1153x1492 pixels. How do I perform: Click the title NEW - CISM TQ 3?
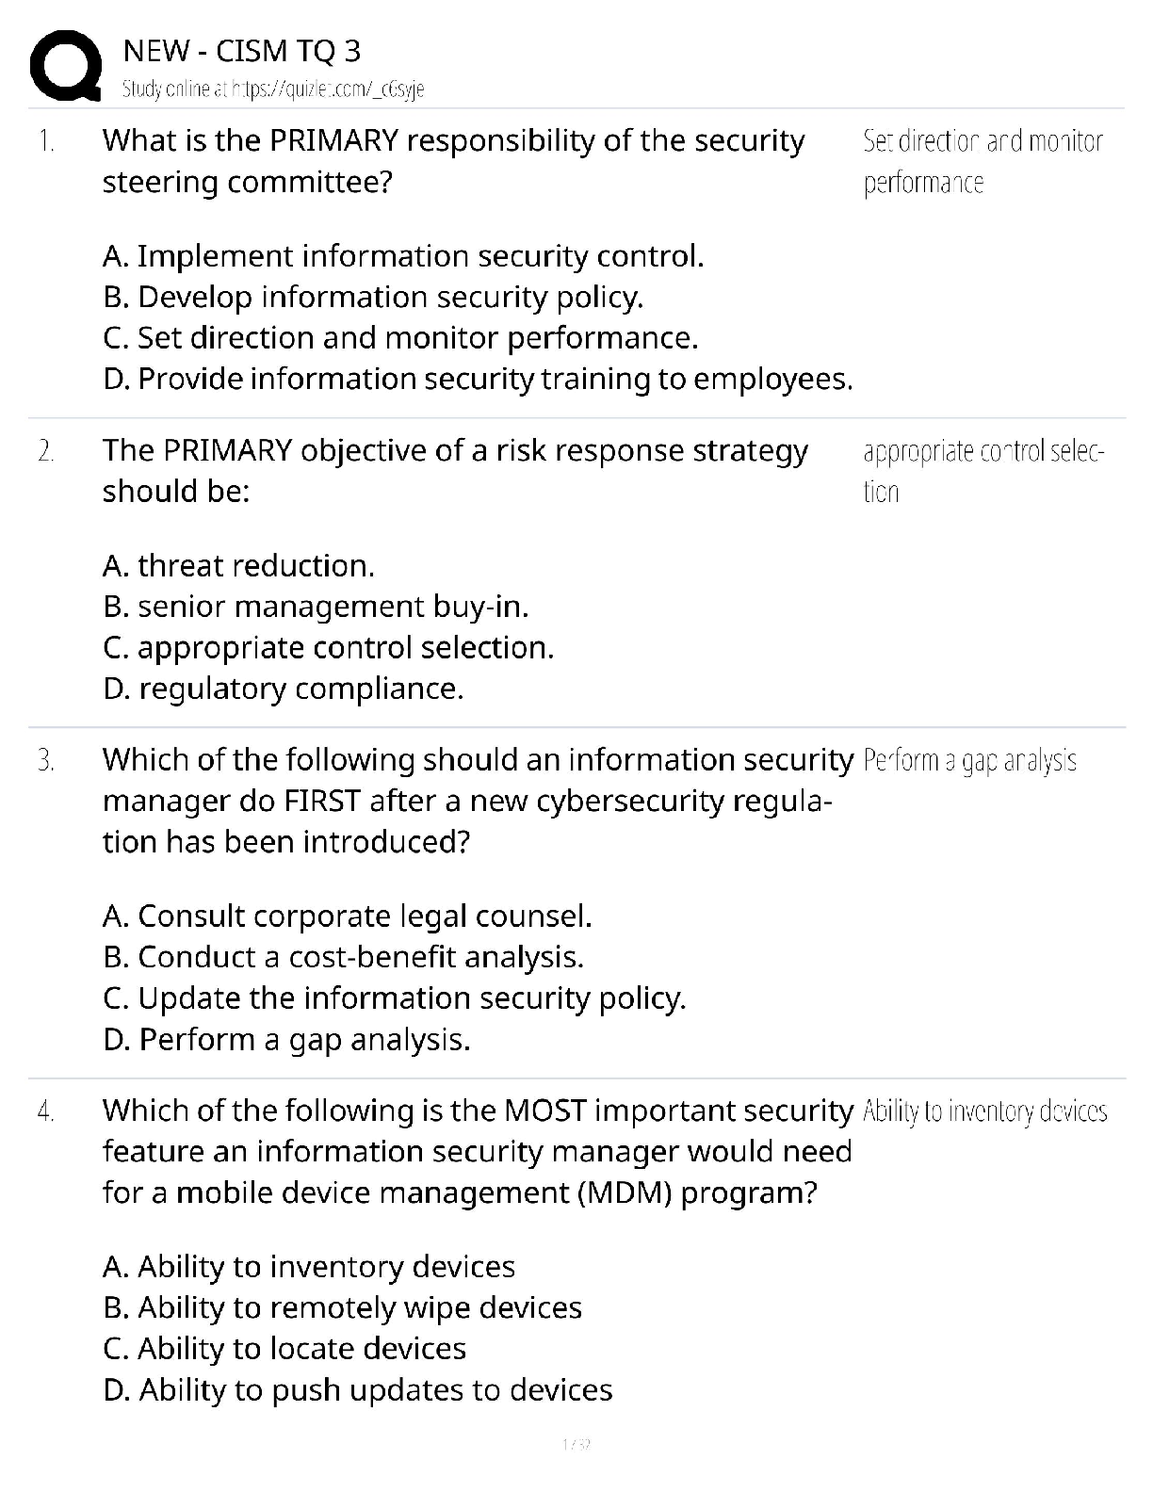[241, 51]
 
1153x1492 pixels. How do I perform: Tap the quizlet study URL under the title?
[273, 89]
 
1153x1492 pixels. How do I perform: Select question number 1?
[46, 141]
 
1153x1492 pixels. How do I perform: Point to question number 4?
[46, 1111]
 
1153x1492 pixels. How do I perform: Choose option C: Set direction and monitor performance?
[400, 338]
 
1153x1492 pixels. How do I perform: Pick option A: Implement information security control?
[403, 256]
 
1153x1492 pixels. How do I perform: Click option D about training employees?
[478, 379]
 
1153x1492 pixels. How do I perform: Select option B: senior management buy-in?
[316, 607]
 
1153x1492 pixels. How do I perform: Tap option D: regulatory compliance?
[283, 689]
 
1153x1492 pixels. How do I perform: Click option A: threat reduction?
[238, 566]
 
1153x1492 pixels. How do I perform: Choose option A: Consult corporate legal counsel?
[347, 916]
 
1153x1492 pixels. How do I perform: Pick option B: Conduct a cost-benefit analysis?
[343, 957]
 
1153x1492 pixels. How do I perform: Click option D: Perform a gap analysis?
[285, 1040]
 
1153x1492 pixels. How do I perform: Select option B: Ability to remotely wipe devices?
[342, 1308]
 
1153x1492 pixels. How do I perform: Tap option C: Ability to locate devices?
[284, 1349]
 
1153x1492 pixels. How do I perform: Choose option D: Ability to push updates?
[357, 1390]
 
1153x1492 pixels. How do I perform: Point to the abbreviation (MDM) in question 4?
[625, 1193]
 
